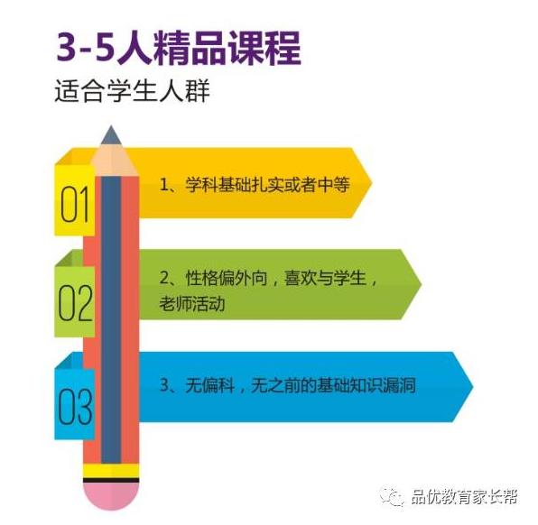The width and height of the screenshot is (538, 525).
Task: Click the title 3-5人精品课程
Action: click(x=179, y=49)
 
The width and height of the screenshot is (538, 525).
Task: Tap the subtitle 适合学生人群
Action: click(x=133, y=90)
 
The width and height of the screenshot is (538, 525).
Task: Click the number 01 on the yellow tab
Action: click(x=75, y=205)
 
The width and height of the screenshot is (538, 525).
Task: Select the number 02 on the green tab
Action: click(x=75, y=303)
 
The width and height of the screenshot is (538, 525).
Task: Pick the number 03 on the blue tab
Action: click(x=75, y=406)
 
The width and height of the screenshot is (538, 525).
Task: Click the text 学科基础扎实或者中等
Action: click(x=267, y=185)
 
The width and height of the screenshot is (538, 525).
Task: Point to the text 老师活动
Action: click(x=192, y=304)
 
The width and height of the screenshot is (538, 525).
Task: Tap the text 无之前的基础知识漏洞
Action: click(x=333, y=385)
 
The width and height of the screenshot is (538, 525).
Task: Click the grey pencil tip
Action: click(x=111, y=135)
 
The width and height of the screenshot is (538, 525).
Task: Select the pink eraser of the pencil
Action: click(x=111, y=496)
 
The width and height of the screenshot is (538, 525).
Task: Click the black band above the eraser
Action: click(x=111, y=480)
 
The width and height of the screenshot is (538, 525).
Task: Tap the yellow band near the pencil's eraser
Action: click(x=111, y=471)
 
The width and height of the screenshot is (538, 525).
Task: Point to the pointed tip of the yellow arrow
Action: click(x=372, y=183)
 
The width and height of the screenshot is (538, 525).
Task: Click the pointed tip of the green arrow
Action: click(x=421, y=284)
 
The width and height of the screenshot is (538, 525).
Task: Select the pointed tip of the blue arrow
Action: click(x=472, y=387)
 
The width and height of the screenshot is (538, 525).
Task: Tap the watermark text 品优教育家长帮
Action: click(x=464, y=497)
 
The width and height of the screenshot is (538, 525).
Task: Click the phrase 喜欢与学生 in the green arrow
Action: click(x=325, y=278)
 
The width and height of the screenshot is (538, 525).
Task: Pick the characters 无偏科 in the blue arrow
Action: click(x=210, y=385)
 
